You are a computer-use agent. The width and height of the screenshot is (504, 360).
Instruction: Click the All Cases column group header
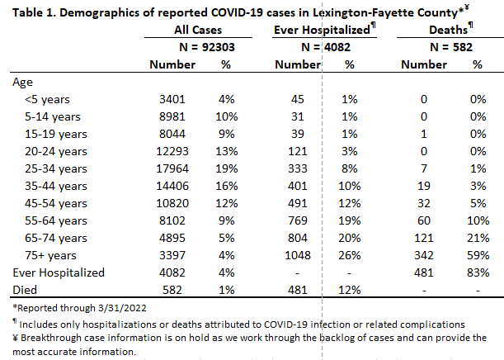[198, 30]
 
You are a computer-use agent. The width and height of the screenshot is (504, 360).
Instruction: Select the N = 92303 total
[207, 47]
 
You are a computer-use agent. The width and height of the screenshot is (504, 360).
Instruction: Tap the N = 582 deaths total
[451, 47]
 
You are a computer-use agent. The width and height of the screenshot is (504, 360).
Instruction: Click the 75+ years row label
[51, 255]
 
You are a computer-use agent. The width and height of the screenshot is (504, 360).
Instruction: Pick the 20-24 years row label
[56, 151]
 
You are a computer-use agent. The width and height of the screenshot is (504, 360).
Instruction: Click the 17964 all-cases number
[172, 168]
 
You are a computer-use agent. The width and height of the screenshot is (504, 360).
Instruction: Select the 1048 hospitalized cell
[298, 255]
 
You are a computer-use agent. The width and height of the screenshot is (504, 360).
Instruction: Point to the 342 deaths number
[424, 255]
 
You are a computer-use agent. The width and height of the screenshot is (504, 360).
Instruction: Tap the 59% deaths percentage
[478, 255]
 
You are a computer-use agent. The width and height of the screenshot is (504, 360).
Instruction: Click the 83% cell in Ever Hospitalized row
[478, 272]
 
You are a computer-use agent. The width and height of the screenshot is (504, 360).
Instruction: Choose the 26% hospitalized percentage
[350, 255]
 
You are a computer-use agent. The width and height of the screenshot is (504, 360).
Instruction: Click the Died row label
[25, 290]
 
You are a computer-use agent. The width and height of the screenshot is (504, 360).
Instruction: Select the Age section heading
[22, 83]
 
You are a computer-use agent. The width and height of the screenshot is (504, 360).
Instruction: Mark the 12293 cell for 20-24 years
[172, 151]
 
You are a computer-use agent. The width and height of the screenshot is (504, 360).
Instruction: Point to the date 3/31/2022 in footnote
[122, 308]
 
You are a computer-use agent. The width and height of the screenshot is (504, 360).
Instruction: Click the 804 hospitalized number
[298, 238]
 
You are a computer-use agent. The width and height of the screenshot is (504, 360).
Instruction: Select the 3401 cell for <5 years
[172, 99]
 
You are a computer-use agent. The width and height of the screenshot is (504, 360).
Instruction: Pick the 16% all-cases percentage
[227, 186]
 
